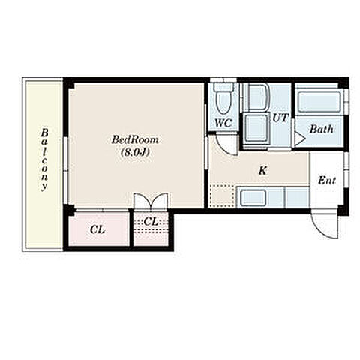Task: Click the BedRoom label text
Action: coord(135,139)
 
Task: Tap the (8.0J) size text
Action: coord(135,152)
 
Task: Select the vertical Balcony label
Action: coord(44,160)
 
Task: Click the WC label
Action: coord(223,123)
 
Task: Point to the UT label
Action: coord(280,118)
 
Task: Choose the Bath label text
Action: coord(322,130)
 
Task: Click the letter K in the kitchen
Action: coord(262,171)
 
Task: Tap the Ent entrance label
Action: coord(327,181)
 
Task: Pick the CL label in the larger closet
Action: coord(97,229)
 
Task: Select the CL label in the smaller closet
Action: coord(151,221)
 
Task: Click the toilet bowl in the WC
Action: coord(224,102)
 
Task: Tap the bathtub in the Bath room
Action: coord(319,103)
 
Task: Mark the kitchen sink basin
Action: coord(253,198)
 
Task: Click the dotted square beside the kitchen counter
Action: coord(223,196)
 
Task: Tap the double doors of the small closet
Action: coord(151,200)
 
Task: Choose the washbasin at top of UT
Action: coord(259,97)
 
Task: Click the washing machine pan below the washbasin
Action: coord(256,128)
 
